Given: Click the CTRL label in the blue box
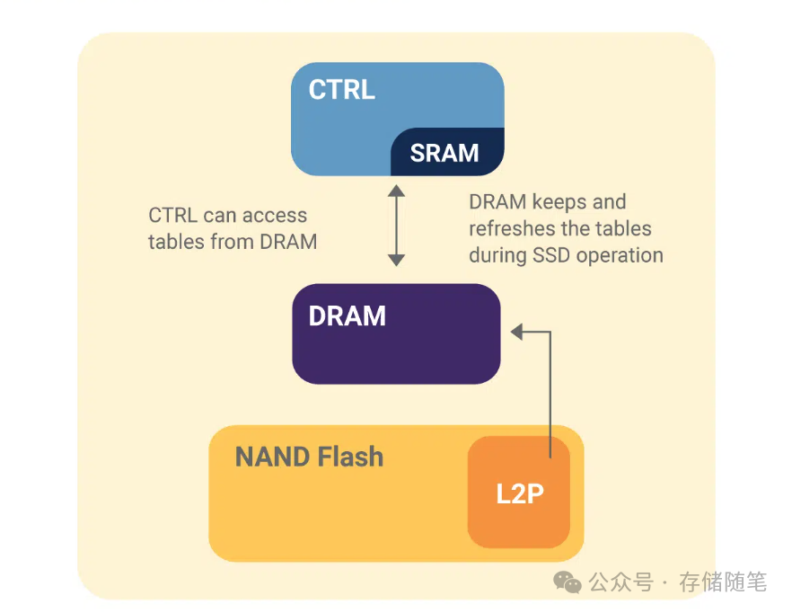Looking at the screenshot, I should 341,91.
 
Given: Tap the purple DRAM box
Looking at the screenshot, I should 396,333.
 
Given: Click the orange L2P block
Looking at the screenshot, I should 519,492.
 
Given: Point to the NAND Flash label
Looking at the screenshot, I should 309,457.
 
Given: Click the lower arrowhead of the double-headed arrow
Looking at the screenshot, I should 396,260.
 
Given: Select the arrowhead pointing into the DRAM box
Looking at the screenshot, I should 517,333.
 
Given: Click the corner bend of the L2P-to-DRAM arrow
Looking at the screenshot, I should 550,333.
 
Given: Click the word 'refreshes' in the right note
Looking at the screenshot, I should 509,228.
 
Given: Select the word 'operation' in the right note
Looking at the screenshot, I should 620,255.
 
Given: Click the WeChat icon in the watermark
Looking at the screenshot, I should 568,582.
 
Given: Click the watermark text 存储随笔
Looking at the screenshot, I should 723,582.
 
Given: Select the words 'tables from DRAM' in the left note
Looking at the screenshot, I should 233,241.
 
